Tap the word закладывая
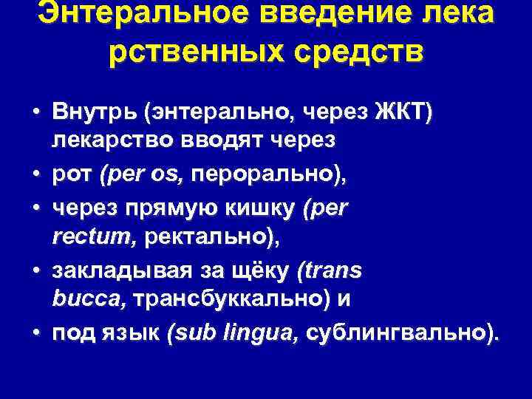coord(114,271)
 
